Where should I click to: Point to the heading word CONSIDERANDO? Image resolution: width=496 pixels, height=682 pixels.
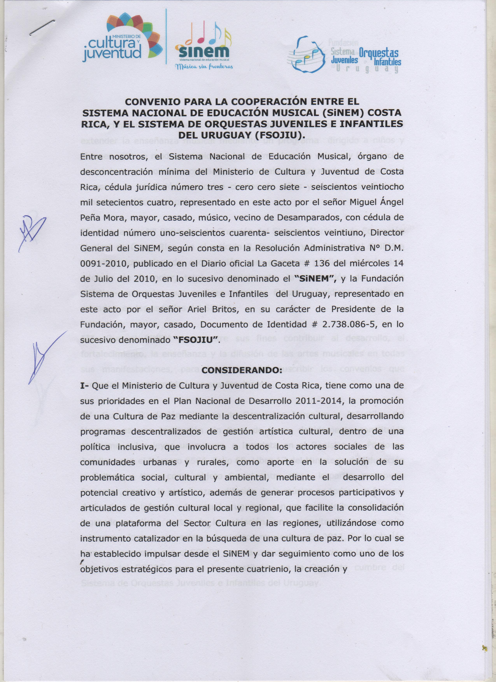point(242,371)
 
